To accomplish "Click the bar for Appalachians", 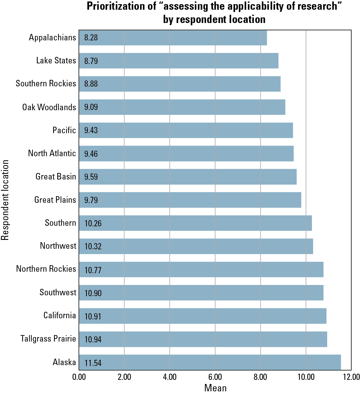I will [173, 38].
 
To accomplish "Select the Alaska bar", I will [210, 362].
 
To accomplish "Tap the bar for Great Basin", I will [188, 177].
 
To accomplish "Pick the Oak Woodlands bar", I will [182, 107].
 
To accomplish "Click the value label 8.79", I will [91, 61].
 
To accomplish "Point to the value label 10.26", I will [93, 223].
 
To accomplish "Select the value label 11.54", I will [93, 363].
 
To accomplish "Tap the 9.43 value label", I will [91, 130].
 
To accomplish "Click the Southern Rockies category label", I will [46, 84].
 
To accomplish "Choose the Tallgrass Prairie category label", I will [48, 339].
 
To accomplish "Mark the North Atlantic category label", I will [52, 154].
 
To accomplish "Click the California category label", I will [60, 316].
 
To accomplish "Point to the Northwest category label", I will [58, 246].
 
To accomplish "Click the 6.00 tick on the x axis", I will [215, 377].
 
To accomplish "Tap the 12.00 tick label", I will [351, 377].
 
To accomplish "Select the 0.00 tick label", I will [79, 377].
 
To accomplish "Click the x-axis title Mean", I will [215, 388].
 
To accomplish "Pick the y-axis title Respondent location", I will [5, 200].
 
